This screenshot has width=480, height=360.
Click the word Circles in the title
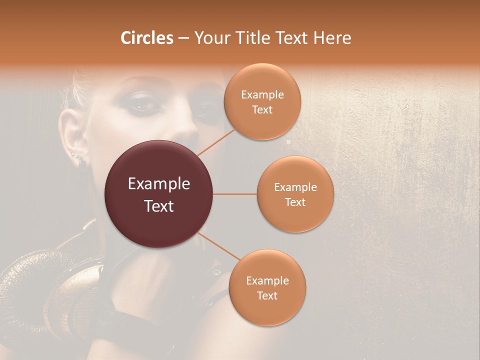click(147, 38)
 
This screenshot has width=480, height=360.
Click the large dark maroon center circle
click(158, 194)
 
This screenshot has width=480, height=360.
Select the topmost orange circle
click(262, 101)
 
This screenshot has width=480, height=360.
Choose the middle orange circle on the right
click(295, 194)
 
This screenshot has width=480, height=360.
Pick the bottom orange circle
click(267, 287)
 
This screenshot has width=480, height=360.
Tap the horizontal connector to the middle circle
click(234, 194)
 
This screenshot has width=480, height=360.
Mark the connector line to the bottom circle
click(219, 247)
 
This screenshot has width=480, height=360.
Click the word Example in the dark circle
click(158, 184)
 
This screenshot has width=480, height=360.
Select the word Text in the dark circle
click(158, 206)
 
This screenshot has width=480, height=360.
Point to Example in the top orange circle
click(262, 94)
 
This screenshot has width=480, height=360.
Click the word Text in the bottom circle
click(267, 295)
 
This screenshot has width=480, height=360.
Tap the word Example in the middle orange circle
click(295, 187)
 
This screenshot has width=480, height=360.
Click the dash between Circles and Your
click(183, 38)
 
